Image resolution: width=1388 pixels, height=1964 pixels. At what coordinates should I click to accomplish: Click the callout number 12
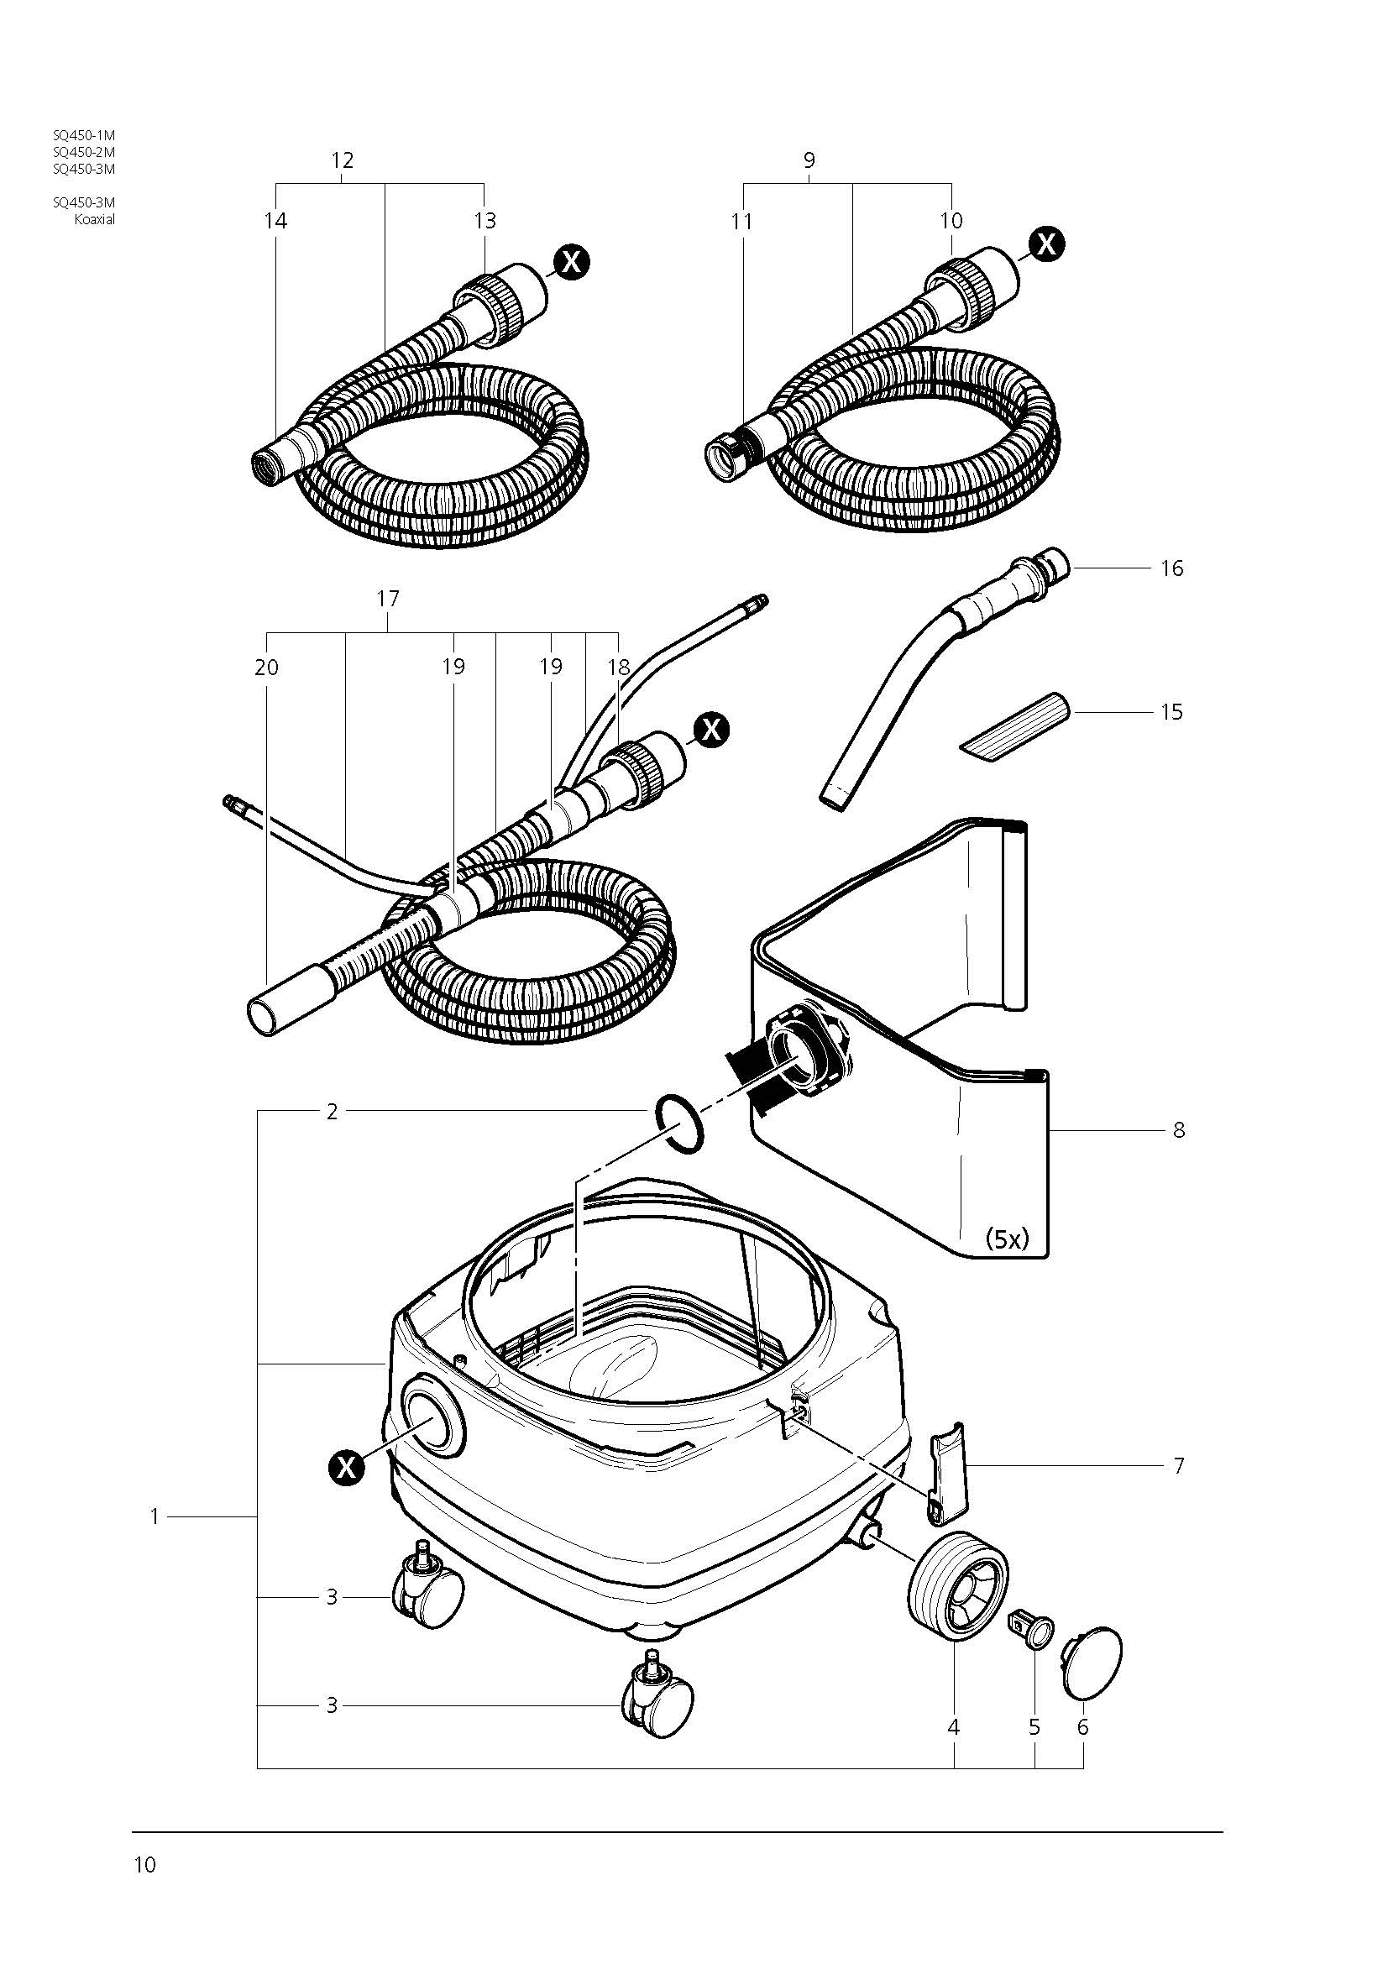pos(342,160)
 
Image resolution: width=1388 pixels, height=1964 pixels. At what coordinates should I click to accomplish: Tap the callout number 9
pos(809,160)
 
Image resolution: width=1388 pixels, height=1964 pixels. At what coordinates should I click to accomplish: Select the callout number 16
pos(1171,568)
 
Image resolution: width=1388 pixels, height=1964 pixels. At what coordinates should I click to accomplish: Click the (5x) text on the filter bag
pos(1007,1239)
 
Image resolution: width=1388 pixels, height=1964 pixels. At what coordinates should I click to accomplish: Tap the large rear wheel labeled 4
pos(956,1587)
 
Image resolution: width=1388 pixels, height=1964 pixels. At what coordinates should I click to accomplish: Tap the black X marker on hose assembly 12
pos(571,262)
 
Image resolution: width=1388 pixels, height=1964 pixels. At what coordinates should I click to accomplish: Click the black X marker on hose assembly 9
pos(1047,244)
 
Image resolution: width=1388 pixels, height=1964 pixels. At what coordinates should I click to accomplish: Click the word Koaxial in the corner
pos(94,219)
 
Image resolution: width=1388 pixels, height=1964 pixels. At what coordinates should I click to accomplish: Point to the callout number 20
pos(267,668)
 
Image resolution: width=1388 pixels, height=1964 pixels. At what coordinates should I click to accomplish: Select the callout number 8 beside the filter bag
pos(1178,1130)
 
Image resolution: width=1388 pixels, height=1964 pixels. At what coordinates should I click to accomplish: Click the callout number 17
pos(387,599)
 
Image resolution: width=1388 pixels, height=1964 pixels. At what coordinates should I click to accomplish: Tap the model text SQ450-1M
pos(84,135)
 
